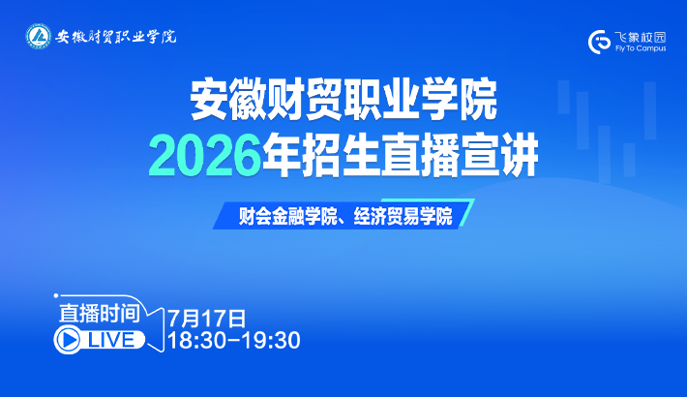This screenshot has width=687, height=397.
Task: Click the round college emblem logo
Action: (x=38, y=36)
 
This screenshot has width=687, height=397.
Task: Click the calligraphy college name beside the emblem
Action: (x=116, y=37)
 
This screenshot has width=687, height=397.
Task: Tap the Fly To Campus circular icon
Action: (x=599, y=42)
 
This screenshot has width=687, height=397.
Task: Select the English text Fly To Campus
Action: (x=641, y=48)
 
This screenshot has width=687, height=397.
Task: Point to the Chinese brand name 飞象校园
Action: (x=641, y=37)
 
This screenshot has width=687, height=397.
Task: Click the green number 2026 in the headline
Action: (x=205, y=156)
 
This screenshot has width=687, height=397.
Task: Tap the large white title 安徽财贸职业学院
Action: (x=343, y=100)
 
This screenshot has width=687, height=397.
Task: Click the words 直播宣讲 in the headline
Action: (x=459, y=156)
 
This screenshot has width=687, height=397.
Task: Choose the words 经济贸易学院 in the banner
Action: (x=403, y=216)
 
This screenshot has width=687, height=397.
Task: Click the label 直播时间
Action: (x=100, y=313)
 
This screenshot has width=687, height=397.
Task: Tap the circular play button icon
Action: (x=69, y=341)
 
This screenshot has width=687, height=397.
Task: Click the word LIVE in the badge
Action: (x=111, y=341)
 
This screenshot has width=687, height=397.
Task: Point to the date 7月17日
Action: (x=207, y=319)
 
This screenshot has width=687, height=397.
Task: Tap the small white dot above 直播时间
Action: (x=56, y=296)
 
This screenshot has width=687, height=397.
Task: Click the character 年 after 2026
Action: (x=283, y=156)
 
